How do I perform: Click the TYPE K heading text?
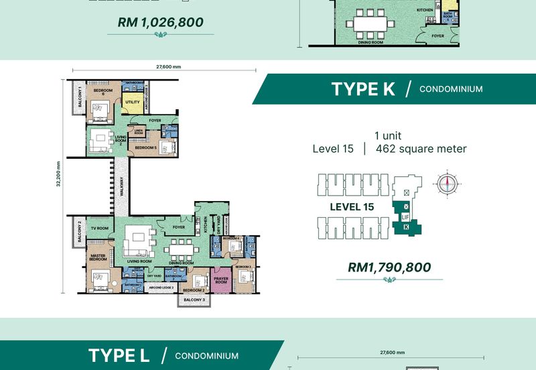(363, 89)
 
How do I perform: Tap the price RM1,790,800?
(389, 267)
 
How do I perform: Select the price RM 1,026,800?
(160, 22)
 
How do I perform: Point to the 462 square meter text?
(421, 149)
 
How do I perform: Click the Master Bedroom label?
(99, 259)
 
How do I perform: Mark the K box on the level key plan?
(406, 228)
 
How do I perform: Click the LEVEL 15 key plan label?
(352, 207)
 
